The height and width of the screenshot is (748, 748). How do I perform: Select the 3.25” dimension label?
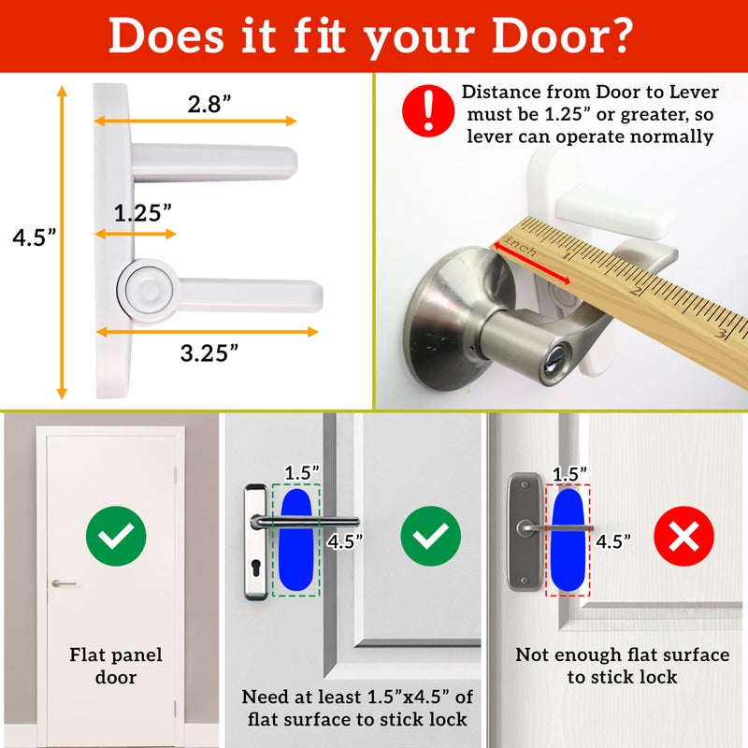(208, 352)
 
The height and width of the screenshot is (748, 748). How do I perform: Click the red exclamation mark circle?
(428, 111)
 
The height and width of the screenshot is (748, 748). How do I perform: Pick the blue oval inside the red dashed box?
(568, 539)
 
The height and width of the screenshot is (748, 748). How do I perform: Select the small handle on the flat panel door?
(64, 583)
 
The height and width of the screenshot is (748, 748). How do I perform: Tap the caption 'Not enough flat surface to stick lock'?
(622, 666)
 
